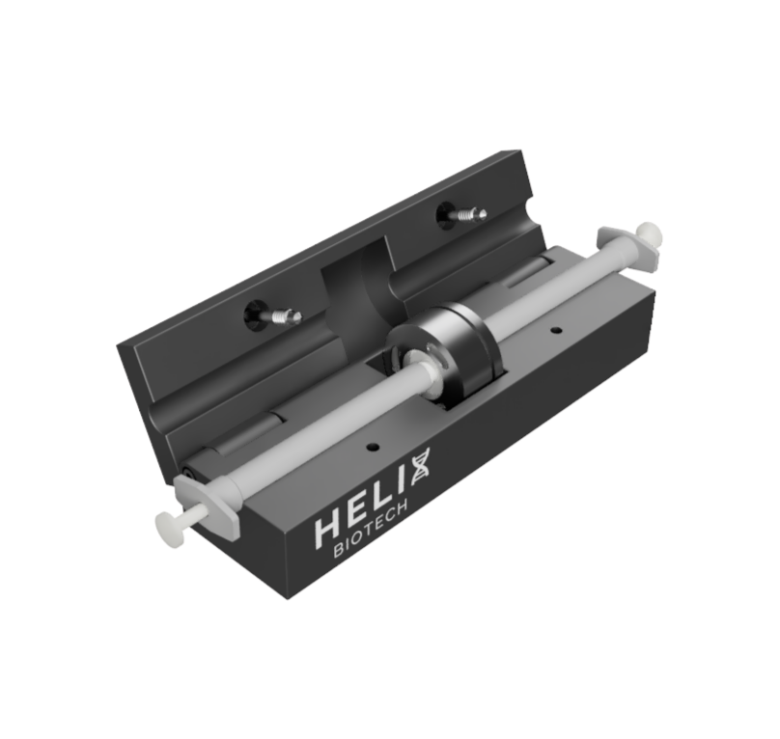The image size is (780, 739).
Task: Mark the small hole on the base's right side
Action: [x=556, y=331]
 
